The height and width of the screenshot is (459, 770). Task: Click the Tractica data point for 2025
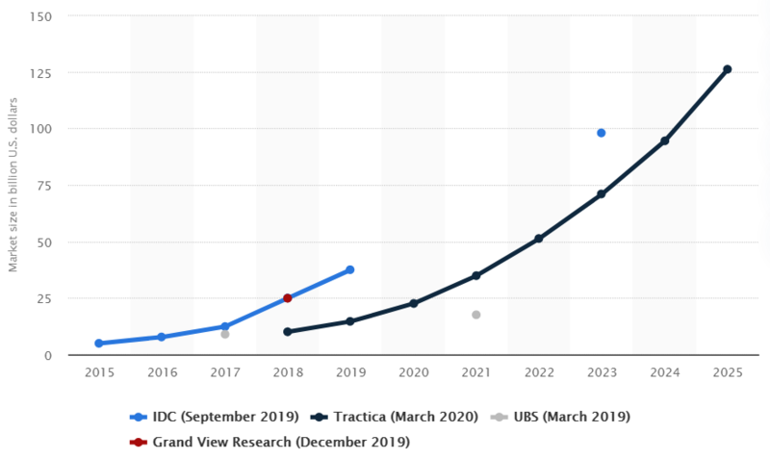click(727, 69)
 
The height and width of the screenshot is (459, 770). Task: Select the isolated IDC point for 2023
click(601, 133)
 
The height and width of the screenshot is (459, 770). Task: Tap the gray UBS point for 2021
click(475, 315)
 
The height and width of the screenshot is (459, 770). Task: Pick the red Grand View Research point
click(287, 298)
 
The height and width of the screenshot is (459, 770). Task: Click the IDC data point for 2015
click(99, 344)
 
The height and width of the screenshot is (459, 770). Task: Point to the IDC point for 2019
click(350, 269)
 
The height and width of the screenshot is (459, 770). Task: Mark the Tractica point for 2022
click(538, 239)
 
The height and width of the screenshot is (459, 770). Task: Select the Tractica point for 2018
click(287, 332)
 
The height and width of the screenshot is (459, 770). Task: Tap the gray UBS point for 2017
click(224, 334)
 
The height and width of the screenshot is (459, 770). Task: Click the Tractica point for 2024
click(664, 141)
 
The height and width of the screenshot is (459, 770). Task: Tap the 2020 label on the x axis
click(413, 372)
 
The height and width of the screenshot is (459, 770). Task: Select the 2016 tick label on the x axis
click(162, 372)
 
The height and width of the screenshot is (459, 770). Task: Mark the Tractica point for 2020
click(413, 303)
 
